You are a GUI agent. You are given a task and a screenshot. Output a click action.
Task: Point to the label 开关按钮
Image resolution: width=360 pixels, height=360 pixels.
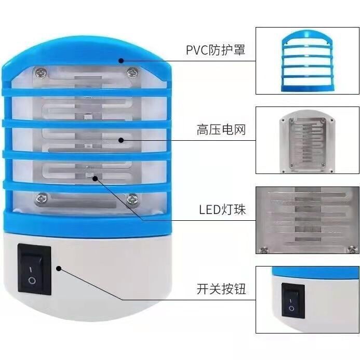point(221,289)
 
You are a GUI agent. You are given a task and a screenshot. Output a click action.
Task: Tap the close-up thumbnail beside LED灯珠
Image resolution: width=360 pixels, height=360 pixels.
point(307,220)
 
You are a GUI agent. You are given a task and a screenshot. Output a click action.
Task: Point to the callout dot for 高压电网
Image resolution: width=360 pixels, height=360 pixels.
point(121,139)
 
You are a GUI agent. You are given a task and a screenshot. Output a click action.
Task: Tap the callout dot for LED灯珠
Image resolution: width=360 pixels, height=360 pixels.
point(95,178)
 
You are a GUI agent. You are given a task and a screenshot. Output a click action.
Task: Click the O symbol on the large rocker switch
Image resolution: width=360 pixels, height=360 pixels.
point(33,281)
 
